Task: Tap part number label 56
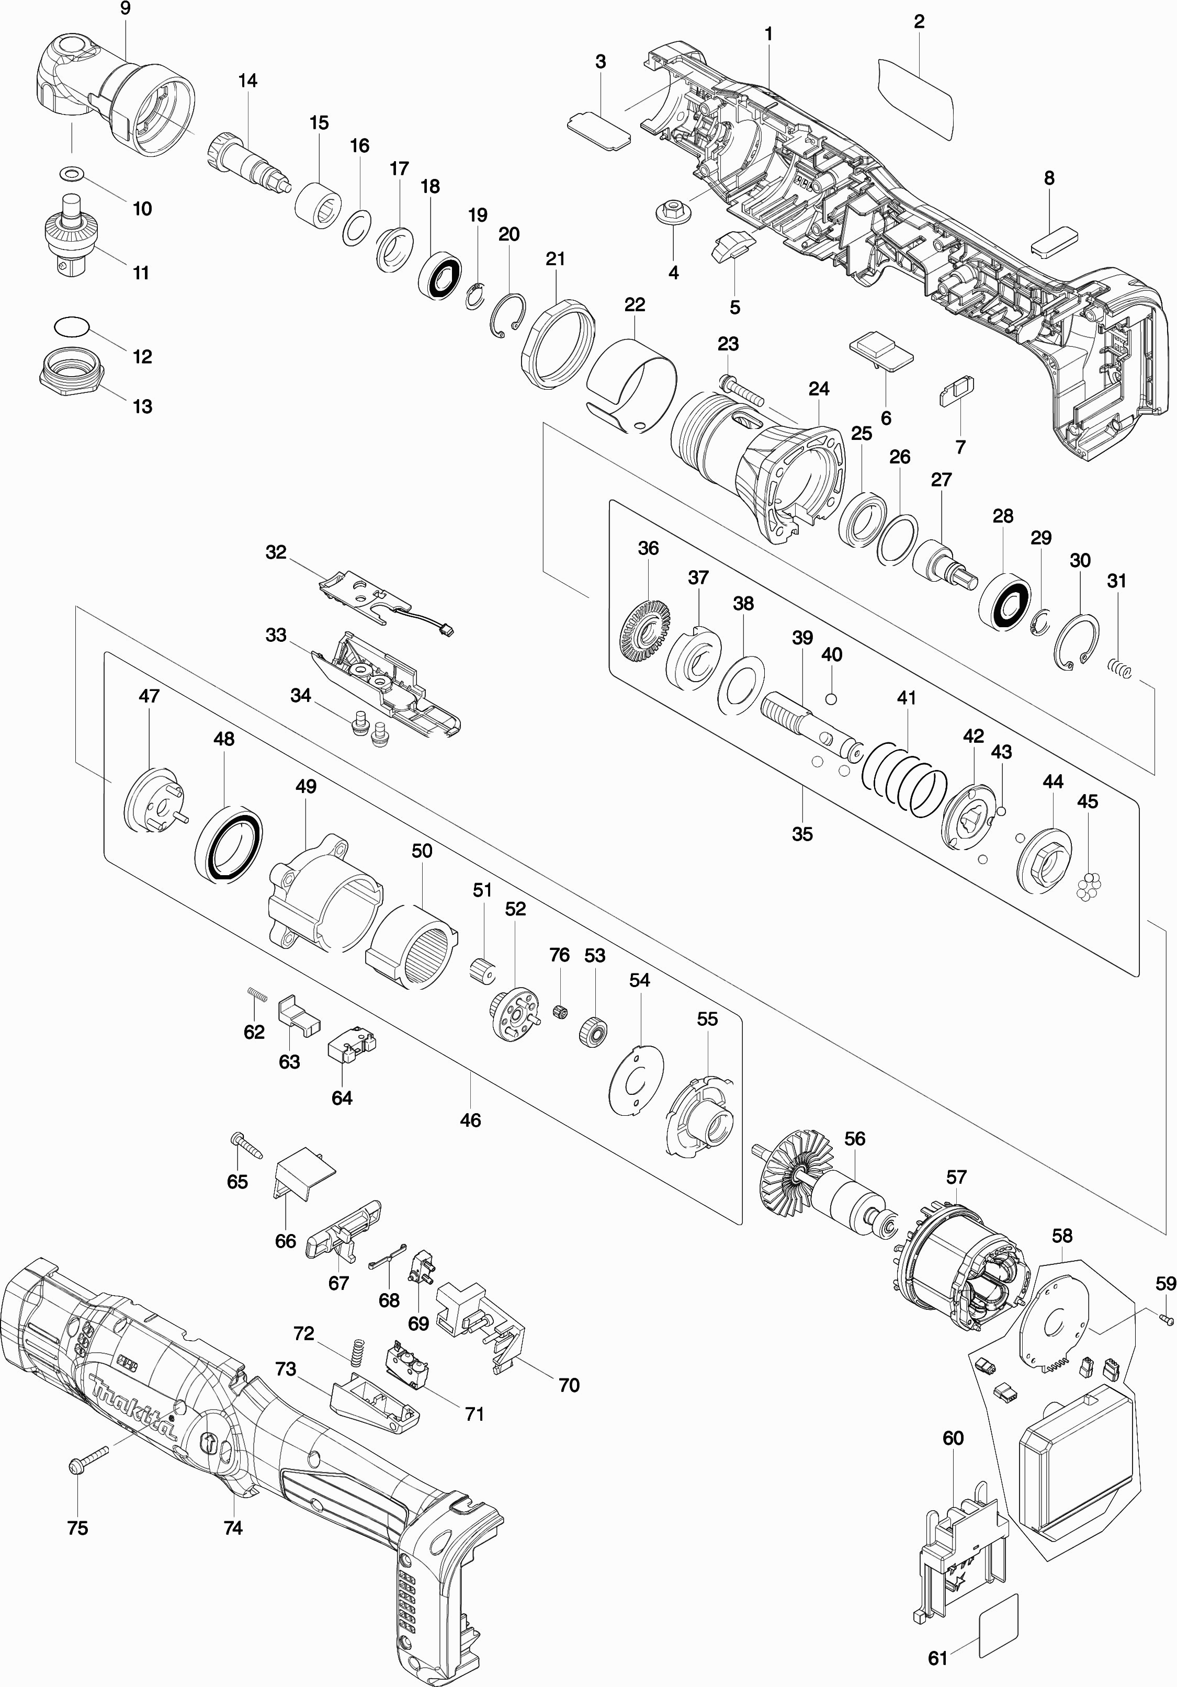tap(854, 1138)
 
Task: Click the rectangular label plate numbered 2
tap(915, 100)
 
